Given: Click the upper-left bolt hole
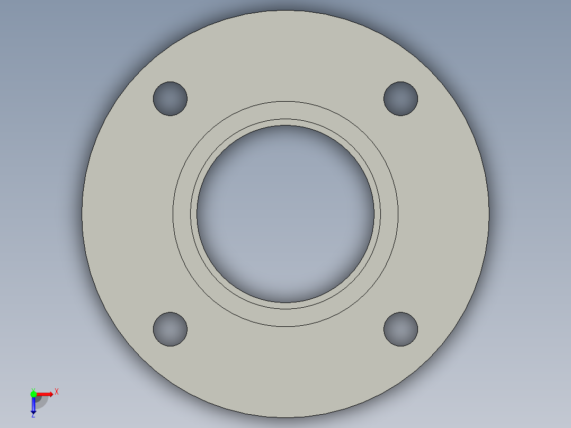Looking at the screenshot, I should pyautogui.click(x=170, y=99).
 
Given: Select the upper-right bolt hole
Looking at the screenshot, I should pyautogui.click(x=400, y=99).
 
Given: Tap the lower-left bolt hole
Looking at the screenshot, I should pyautogui.click(x=170, y=329).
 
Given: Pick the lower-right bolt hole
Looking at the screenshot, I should pyautogui.click(x=400, y=329).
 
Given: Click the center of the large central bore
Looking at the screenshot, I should pyautogui.click(x=285, y=213).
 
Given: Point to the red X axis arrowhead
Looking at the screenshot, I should pyautogui.click(x=51, y=394).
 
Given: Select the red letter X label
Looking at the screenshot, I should pyautogui.click(x=57, y=392).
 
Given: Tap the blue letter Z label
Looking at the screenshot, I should pyautogui.click(x=33, y=416).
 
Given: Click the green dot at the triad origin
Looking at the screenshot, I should pyautogui.click(x=33, y=394).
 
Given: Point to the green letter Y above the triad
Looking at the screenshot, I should pyautogui.click(x=33, y=389).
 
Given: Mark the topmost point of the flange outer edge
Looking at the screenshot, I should pyautogui.click(x=285, y=11).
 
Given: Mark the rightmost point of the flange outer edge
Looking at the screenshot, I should pyautogui.click(x=488, y=213).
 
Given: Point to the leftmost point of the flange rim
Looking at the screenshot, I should pyautogui.click(x=82, y=213).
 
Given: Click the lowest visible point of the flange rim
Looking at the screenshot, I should pyautogui.click(x=285, y=417).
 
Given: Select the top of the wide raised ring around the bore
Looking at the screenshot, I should pyautogui.click(x=285, y=110).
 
